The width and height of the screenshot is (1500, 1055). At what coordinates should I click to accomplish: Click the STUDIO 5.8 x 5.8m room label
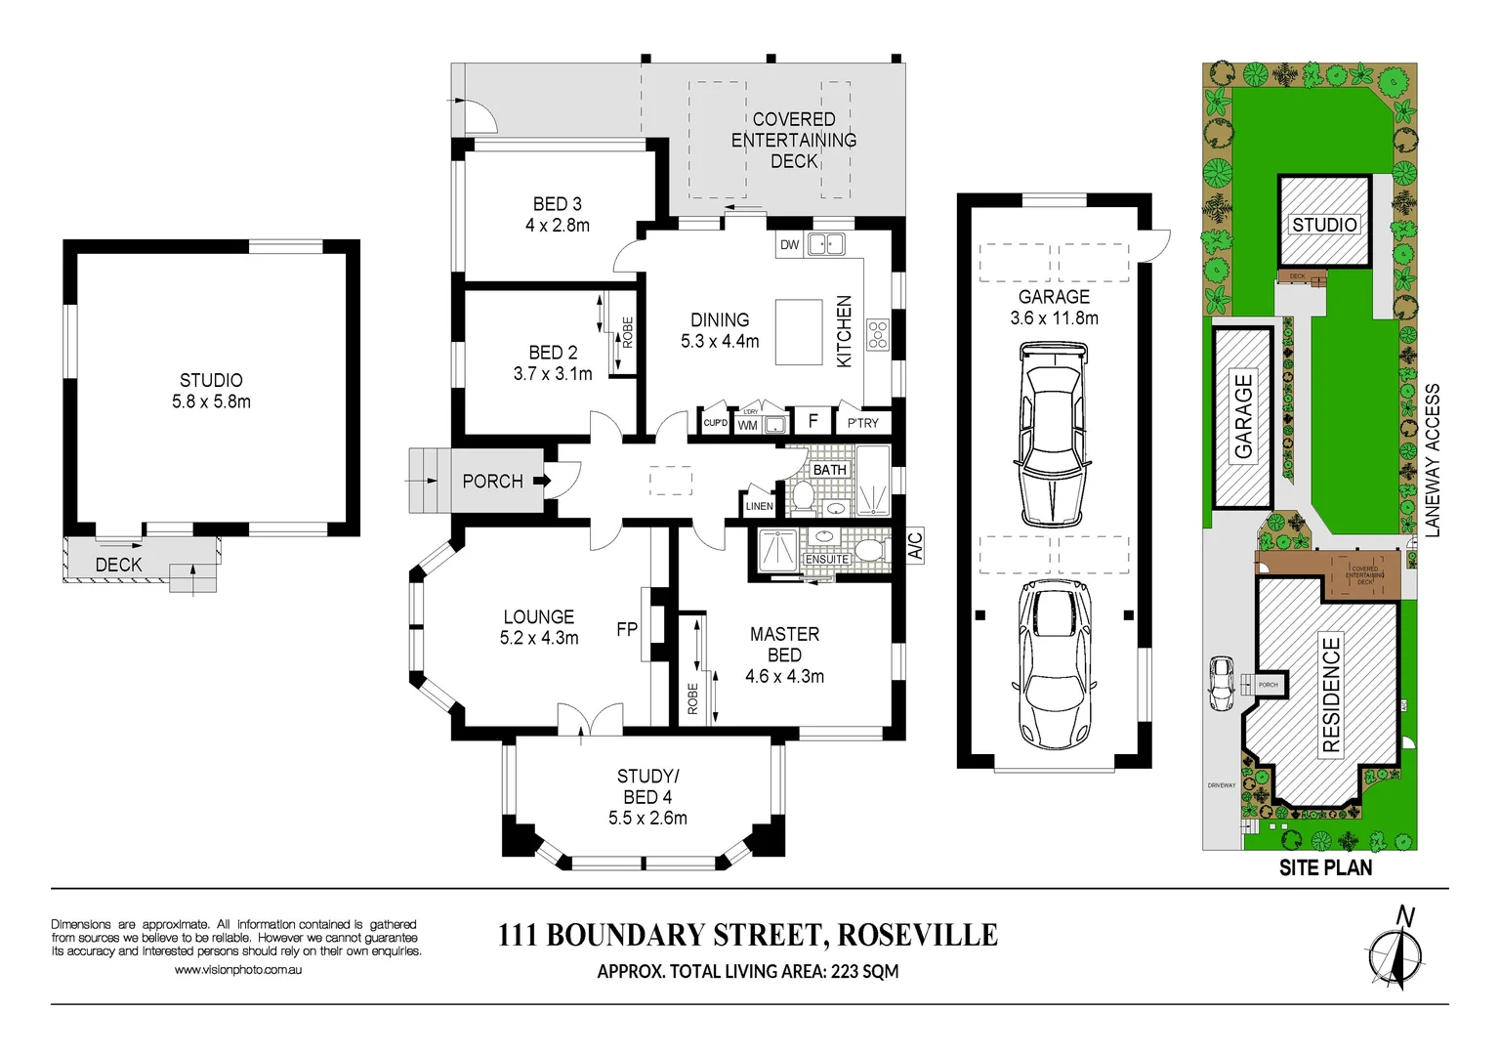click(211, 391)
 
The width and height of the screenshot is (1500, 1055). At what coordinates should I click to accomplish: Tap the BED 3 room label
click(557, 204)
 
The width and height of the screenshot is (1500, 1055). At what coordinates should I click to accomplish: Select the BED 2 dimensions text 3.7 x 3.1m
click(553, 374)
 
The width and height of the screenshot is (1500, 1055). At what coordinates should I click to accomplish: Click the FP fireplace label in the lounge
click(627, 630)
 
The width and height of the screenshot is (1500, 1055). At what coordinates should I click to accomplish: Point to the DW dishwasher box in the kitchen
click(789, 245)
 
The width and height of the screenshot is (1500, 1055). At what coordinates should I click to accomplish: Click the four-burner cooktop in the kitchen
click(878, 334)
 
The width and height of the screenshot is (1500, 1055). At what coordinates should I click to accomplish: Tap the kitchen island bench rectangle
click(799, 332)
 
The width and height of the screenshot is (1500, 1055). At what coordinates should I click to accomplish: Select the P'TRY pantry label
click(862, 423)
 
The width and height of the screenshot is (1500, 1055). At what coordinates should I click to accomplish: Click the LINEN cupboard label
click(759, 506)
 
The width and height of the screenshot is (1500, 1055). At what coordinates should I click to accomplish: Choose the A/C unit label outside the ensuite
click(915, 545)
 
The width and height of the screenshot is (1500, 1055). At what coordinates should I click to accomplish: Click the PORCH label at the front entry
click(492, 482)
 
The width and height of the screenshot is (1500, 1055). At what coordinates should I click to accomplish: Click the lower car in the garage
click(1054, 664)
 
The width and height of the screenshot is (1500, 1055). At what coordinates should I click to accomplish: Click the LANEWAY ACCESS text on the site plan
click(1432, 460)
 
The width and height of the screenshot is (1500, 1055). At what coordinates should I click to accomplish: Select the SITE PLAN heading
click(1325, 867)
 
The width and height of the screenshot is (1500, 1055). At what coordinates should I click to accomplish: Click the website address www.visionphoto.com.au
click(238, 970)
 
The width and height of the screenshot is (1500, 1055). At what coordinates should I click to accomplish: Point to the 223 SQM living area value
click(864, 971)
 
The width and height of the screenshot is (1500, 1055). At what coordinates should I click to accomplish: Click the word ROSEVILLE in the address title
click(917, 935)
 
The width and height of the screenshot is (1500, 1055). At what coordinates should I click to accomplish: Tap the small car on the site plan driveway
click(1221, 683)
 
